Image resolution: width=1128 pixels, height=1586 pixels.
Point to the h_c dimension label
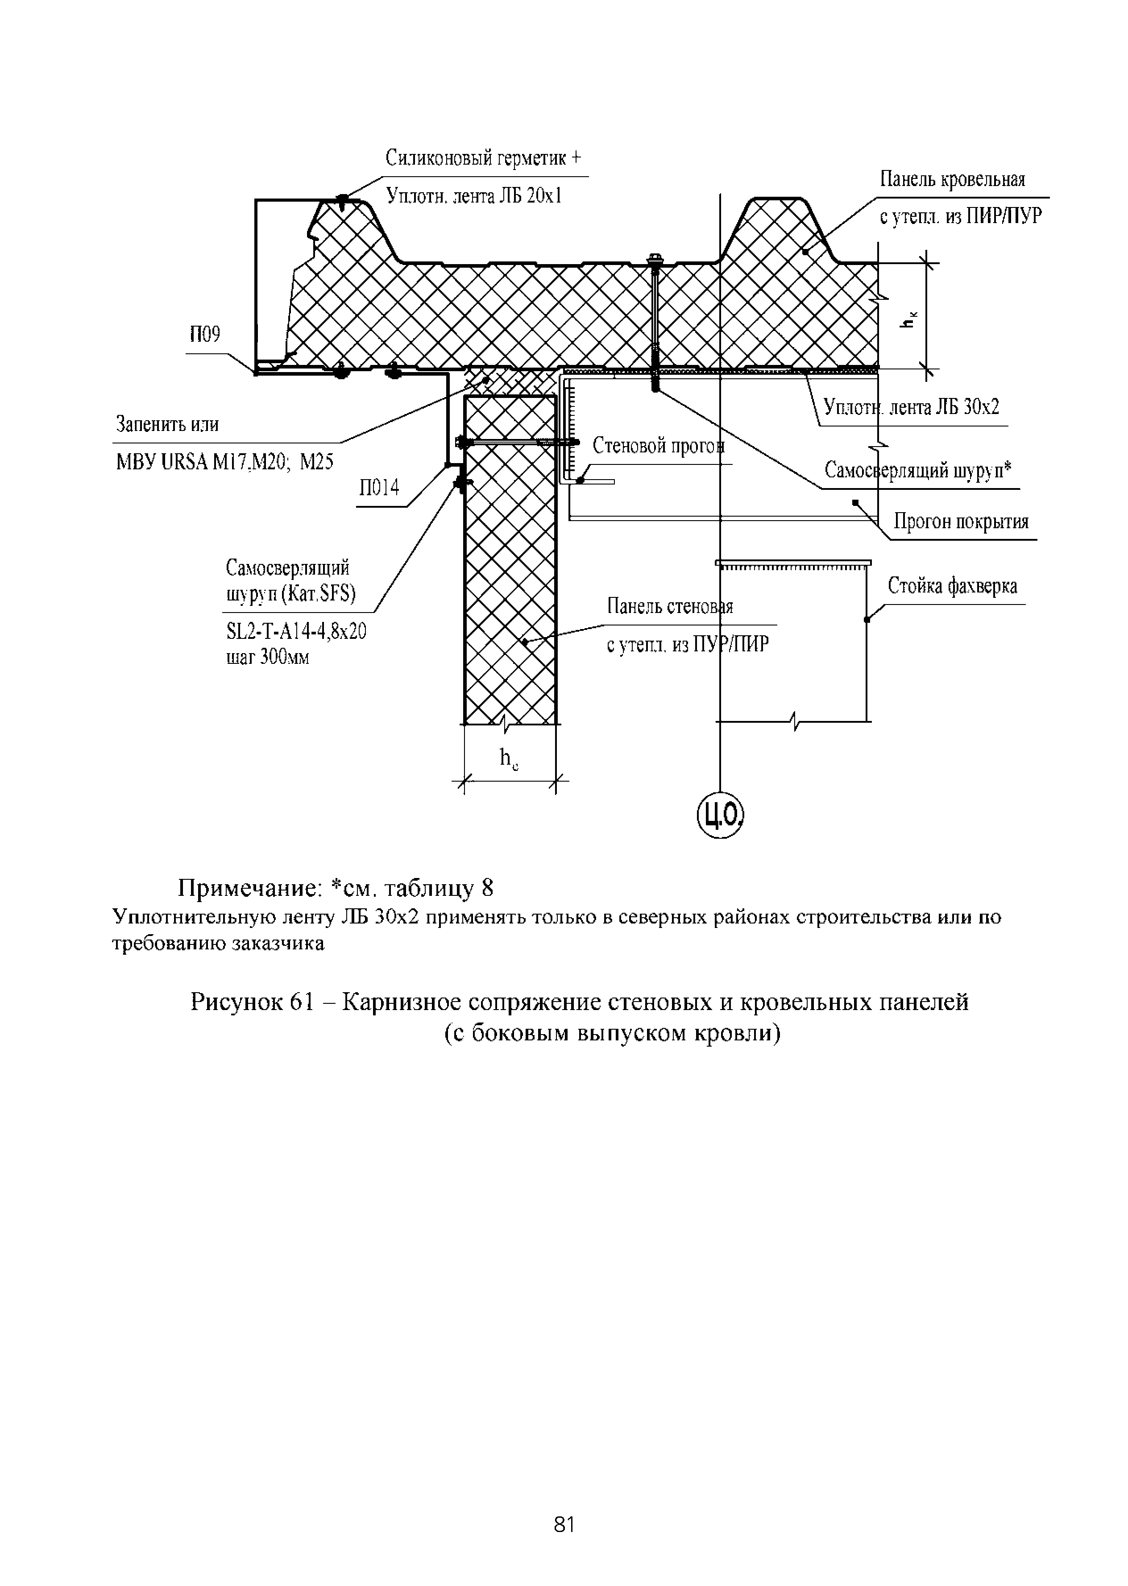[x=510, y=759]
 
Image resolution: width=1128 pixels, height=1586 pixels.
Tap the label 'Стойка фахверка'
[x=952, y=587]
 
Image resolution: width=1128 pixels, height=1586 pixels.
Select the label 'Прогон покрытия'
[x=961, y=522]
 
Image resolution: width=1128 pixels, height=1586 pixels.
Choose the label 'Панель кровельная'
[x=952, y=180]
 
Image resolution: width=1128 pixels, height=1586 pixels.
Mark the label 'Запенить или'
[x=167, y=424]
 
